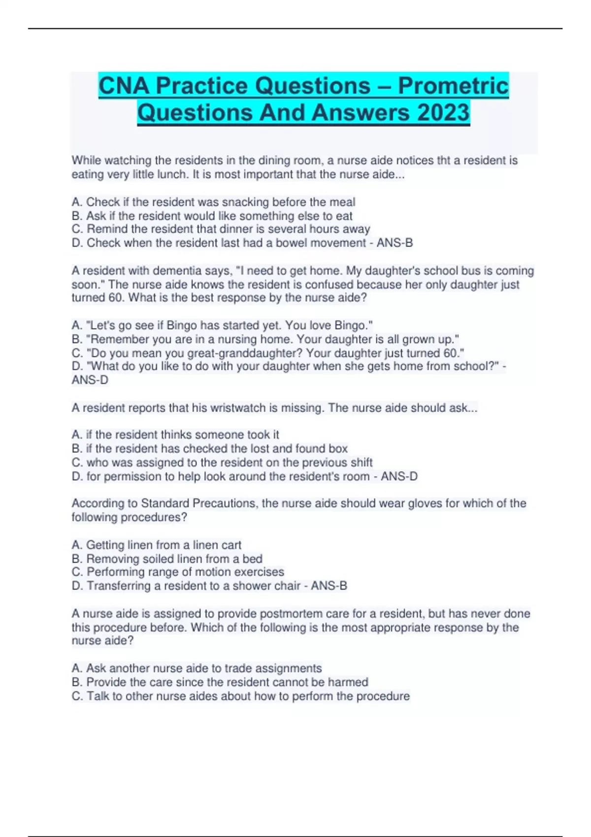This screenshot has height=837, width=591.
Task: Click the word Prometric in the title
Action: (x=453, y=86)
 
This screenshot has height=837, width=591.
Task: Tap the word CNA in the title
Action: (x=124, y=86)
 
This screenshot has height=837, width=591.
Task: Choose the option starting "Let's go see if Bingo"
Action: (x=222, y=325)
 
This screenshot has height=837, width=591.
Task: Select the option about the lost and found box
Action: (x=210, y=449)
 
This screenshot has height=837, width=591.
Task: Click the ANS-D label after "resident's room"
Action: (x=399, y=476)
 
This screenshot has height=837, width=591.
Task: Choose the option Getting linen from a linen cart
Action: (x=157, y=545)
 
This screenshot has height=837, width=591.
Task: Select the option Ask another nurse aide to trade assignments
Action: (x=197, y=668)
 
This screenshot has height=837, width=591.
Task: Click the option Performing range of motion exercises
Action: (x=178, y=572)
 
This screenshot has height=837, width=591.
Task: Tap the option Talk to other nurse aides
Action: (x=240, y=696)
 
